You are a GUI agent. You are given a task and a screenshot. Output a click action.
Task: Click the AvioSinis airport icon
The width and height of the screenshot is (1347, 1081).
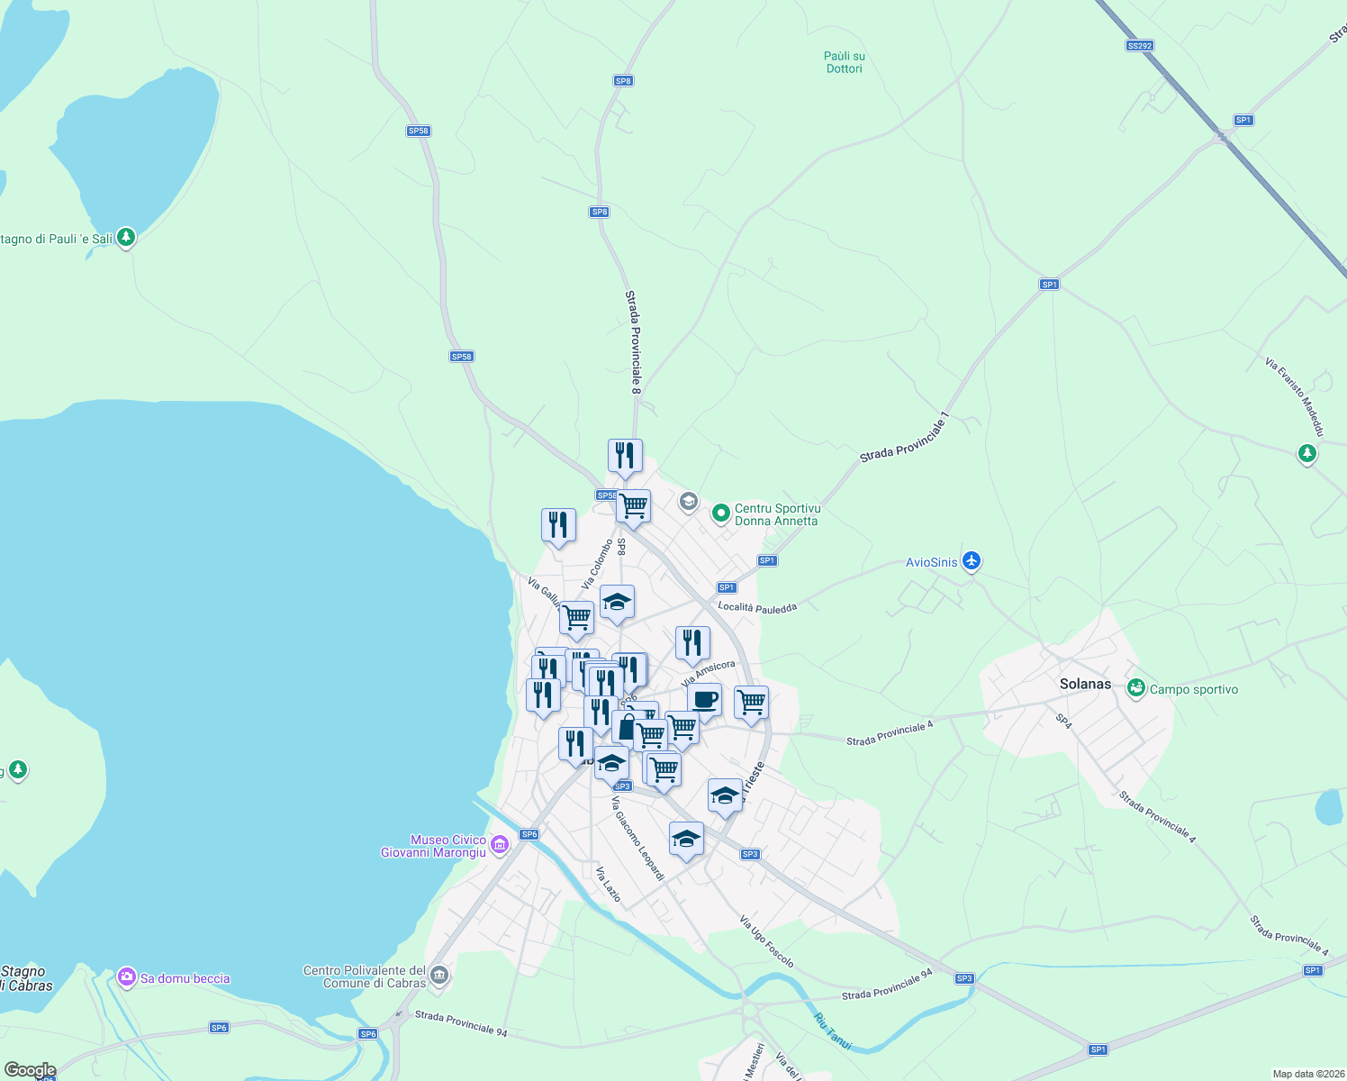971,561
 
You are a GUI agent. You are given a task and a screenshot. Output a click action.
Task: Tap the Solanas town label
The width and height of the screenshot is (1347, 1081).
1085,684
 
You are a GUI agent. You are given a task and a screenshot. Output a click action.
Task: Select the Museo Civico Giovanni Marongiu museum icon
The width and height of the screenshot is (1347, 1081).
501,845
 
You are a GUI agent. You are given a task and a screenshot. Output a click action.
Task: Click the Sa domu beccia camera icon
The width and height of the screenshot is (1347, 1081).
127,977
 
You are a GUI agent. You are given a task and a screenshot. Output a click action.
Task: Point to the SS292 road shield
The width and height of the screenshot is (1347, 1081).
1139,45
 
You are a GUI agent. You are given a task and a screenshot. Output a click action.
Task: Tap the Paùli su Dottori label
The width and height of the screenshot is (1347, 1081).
844,62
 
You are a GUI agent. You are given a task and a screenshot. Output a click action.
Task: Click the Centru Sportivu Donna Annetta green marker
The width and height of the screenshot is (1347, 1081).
720,513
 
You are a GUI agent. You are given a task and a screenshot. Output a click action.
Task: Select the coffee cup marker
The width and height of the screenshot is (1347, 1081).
704,699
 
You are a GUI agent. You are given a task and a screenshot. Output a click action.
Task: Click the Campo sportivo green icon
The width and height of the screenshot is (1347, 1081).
1135,689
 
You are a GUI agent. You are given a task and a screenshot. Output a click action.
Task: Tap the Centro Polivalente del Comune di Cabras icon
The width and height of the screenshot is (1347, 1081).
438,976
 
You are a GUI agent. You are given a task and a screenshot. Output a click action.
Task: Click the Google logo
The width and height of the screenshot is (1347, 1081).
30,1070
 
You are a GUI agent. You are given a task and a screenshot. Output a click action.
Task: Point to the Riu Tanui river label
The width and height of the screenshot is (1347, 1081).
833,1031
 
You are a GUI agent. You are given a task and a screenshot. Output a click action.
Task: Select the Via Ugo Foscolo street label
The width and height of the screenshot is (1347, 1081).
766,941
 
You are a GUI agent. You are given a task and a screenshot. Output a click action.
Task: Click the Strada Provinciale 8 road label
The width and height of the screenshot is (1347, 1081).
634,341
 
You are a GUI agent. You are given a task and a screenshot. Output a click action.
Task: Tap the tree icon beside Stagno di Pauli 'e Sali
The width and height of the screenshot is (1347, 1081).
126,238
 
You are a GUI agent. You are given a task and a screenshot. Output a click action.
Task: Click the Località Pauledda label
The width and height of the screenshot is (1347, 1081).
757,607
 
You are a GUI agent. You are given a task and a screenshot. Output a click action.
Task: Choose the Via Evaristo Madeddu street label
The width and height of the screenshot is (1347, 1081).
1295,397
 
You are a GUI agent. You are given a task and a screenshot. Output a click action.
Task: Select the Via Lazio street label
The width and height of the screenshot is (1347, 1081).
608,884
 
